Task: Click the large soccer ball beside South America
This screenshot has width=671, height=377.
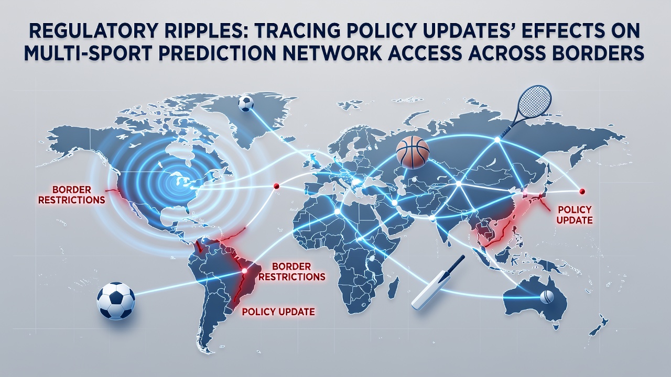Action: (116, 301)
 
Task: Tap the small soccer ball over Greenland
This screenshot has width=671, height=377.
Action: (246, 104)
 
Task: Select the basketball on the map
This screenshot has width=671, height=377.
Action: (413, 151)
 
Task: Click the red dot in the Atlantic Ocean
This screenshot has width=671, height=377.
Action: (276, 186)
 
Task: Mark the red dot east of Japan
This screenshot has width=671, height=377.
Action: (582, 191)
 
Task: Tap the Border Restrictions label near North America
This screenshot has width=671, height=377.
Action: (72, 194)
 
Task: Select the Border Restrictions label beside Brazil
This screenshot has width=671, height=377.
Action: (292, 271)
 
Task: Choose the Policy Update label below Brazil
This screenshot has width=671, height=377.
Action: (278, 312)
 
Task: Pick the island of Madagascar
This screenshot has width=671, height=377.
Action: (394, 289)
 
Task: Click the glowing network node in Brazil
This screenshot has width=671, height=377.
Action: (244, 271)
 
